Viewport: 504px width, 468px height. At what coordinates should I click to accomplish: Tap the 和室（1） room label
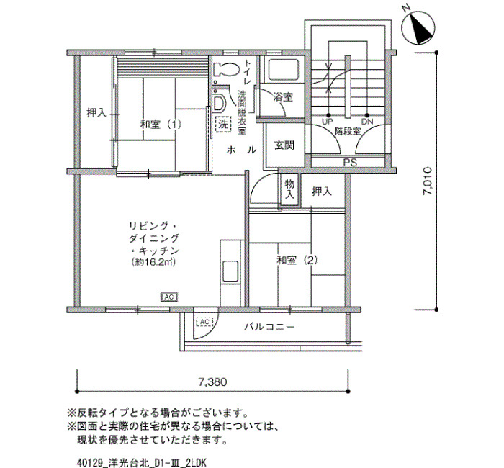[161, 124]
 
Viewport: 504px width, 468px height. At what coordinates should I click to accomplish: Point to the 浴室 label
[282, 96]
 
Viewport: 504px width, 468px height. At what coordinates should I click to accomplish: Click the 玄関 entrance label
[284, 145]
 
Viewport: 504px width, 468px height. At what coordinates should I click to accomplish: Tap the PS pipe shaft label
[349, 163]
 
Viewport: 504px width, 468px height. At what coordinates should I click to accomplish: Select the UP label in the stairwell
[328, 121]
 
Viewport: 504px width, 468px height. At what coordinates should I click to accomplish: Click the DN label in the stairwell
[367, 121]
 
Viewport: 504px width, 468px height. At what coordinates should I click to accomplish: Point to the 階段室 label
[347, 132]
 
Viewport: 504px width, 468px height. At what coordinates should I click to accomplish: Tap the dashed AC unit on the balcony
[204, 321]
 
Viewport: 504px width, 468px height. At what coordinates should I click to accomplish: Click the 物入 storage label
[289, 189]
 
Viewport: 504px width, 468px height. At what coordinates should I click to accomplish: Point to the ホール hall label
[240, 150]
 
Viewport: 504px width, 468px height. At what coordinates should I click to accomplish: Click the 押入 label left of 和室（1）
[96, 113]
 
